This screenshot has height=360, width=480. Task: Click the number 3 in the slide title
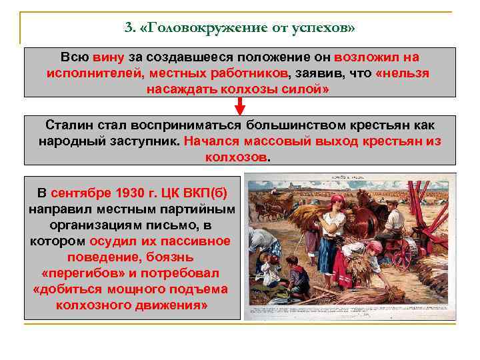(127, 28)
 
